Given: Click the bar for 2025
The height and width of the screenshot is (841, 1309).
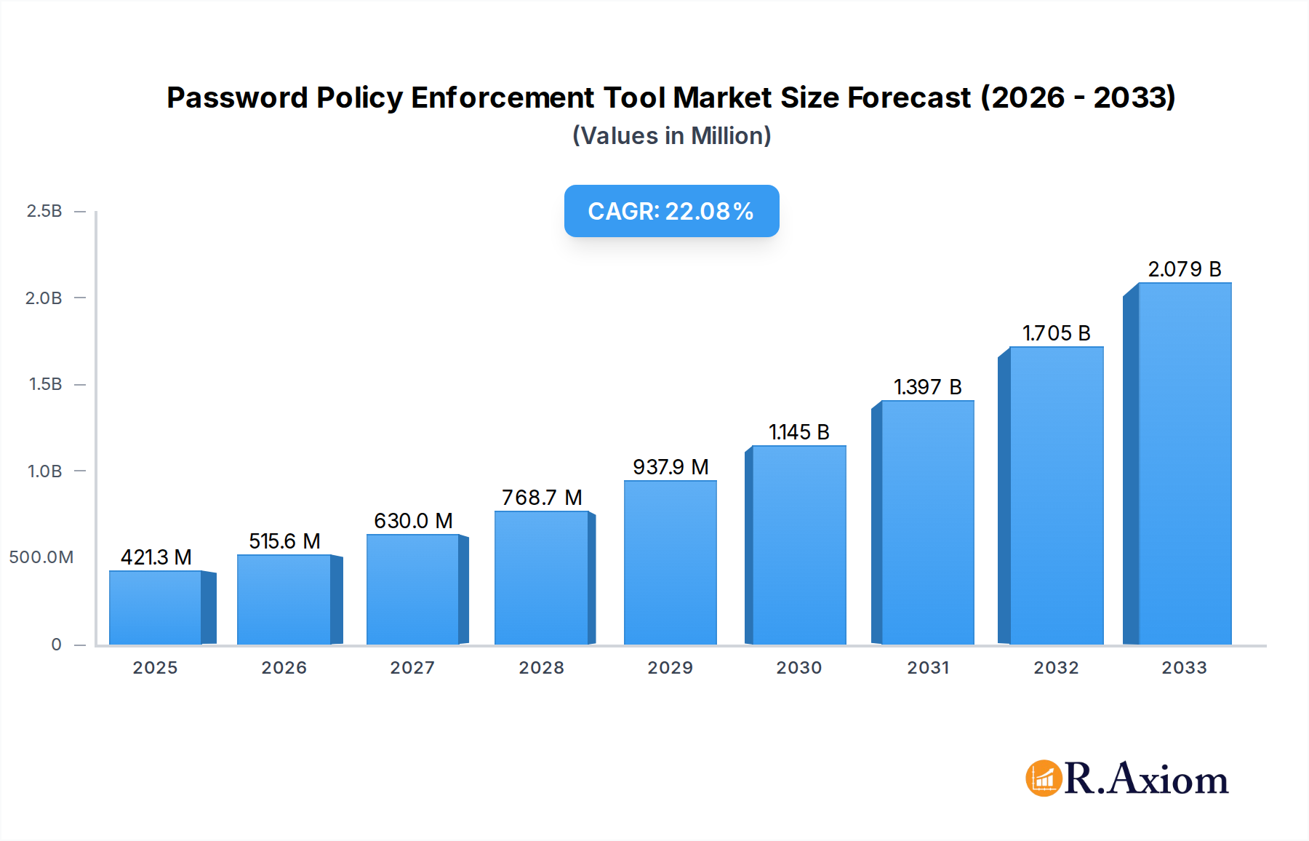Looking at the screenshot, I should pyautogui.click(x=156, y=608).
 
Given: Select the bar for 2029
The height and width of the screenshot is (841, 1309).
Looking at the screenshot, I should pyautogui.click(x=670, y=562).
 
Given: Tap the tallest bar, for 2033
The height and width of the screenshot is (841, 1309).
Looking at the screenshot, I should pyautogui.click(x=1185, y=464).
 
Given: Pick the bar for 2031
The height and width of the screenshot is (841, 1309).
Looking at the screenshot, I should pyautogui.click(x=927, y=522).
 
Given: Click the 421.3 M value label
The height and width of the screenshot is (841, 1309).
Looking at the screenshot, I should pyautogui.click(x=156, y=557).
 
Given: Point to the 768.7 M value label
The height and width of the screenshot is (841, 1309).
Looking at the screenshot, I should pyautogui.click(x=542, y=498).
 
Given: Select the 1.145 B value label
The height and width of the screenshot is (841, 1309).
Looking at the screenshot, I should pyautogui.click(x=799, y=432).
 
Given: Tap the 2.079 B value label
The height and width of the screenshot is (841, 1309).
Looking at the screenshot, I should pyautogui.click(x=1185, y=269).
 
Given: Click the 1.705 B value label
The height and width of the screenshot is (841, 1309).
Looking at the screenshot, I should pyautogui.click(x=1056, y=333).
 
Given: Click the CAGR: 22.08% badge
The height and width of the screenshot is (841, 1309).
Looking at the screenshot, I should pyautogui.click(x=671, y=211).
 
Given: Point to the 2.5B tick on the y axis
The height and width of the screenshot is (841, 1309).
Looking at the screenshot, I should pyautogui.click(x=44, y=211).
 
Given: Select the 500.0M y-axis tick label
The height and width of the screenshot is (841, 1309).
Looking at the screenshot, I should pyautogui.click(x=41, y=557).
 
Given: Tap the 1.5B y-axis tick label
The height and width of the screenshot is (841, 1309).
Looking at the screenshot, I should pyautogui.click(x=45, y=384).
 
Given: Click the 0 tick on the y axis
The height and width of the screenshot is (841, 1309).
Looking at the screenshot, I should pyautogui.click(x=56, y=645).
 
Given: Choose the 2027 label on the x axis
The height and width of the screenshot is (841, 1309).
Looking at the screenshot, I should pyautogui.click(x=412, y=668).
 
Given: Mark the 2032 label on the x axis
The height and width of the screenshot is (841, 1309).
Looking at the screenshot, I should pyautogui.click(x=1056, y=668).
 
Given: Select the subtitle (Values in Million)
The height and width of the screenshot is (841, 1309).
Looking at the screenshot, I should pyautogui.click(x=671, y=136).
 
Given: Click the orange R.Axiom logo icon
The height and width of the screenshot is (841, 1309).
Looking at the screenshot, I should pyautogui.click(x=1044, y=778).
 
